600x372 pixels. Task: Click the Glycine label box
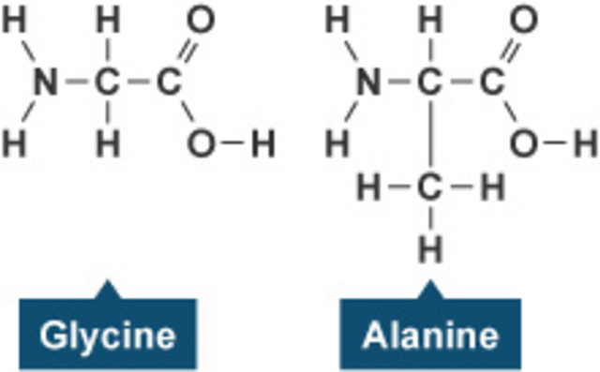click(x=108, y=335)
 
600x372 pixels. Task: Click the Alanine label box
click(x=430, y=335)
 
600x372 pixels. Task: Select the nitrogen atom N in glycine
click(x=43, y=82)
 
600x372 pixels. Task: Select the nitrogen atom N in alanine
click(x=368, y=82)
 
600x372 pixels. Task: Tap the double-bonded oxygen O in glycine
click(x=201, y=19)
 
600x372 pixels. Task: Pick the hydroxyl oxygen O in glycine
click(x=201, y=143)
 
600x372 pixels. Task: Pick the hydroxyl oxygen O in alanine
click(x=525, y=143)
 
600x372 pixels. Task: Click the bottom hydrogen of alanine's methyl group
click(x=429, y=249)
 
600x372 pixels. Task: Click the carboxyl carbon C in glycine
click(x=168, y=82)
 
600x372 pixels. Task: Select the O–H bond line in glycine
click(x=232, y=143)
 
